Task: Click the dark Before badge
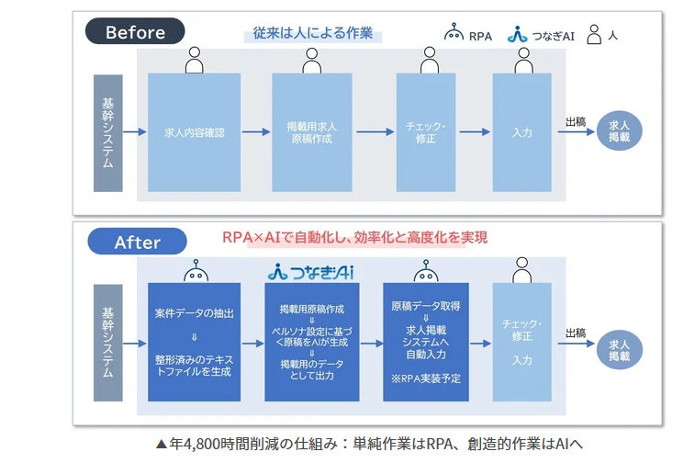click(135, 31)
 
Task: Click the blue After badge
click(137, 242)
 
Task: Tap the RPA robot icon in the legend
click(454, 32)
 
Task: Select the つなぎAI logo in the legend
click(517, 34)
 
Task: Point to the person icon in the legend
click(594, 34)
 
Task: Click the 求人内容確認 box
click(194, 132)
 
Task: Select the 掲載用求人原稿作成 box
click(312, 132)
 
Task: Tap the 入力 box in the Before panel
click(522, 132)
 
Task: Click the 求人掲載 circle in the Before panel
click(619, 131)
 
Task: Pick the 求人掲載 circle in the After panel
click(619, 350)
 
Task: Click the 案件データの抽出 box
click(194, 342)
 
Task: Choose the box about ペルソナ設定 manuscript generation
click(312, 342)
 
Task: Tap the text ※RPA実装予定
click(426, 378)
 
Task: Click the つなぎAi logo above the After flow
click(310, 272)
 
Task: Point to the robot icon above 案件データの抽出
click(196, 270)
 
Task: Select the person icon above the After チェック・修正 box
click(522, 270)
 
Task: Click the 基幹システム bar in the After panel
click(108, 343)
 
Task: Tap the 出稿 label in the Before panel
click(576, 121)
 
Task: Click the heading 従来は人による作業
click(312, 33)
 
